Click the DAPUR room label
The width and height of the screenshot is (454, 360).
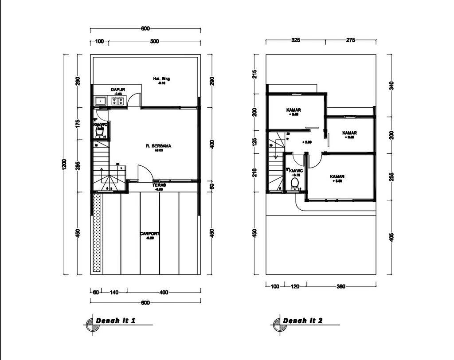(x=118, y=90)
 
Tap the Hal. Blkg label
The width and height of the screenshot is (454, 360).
(x=161, y=79)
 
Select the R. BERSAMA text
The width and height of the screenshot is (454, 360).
(x=159, y=145)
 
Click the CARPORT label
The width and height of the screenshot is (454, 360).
(x=150, y=234)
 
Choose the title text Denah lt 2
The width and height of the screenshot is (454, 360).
(x=302, y=321)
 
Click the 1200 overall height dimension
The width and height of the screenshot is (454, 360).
(x=64, y=164)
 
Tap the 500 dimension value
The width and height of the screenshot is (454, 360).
(x=154, y=42)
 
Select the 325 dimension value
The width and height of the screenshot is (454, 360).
(x=296, y=40)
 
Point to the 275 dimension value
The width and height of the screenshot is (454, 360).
(x=350, y=40)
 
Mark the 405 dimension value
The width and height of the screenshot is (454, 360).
(x=391, y=237)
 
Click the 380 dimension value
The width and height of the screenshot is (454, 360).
(x=340, y=286)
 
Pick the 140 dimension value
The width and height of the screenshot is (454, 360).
(x=114, y=293)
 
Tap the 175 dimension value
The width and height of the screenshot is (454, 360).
(x=78, y=123)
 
